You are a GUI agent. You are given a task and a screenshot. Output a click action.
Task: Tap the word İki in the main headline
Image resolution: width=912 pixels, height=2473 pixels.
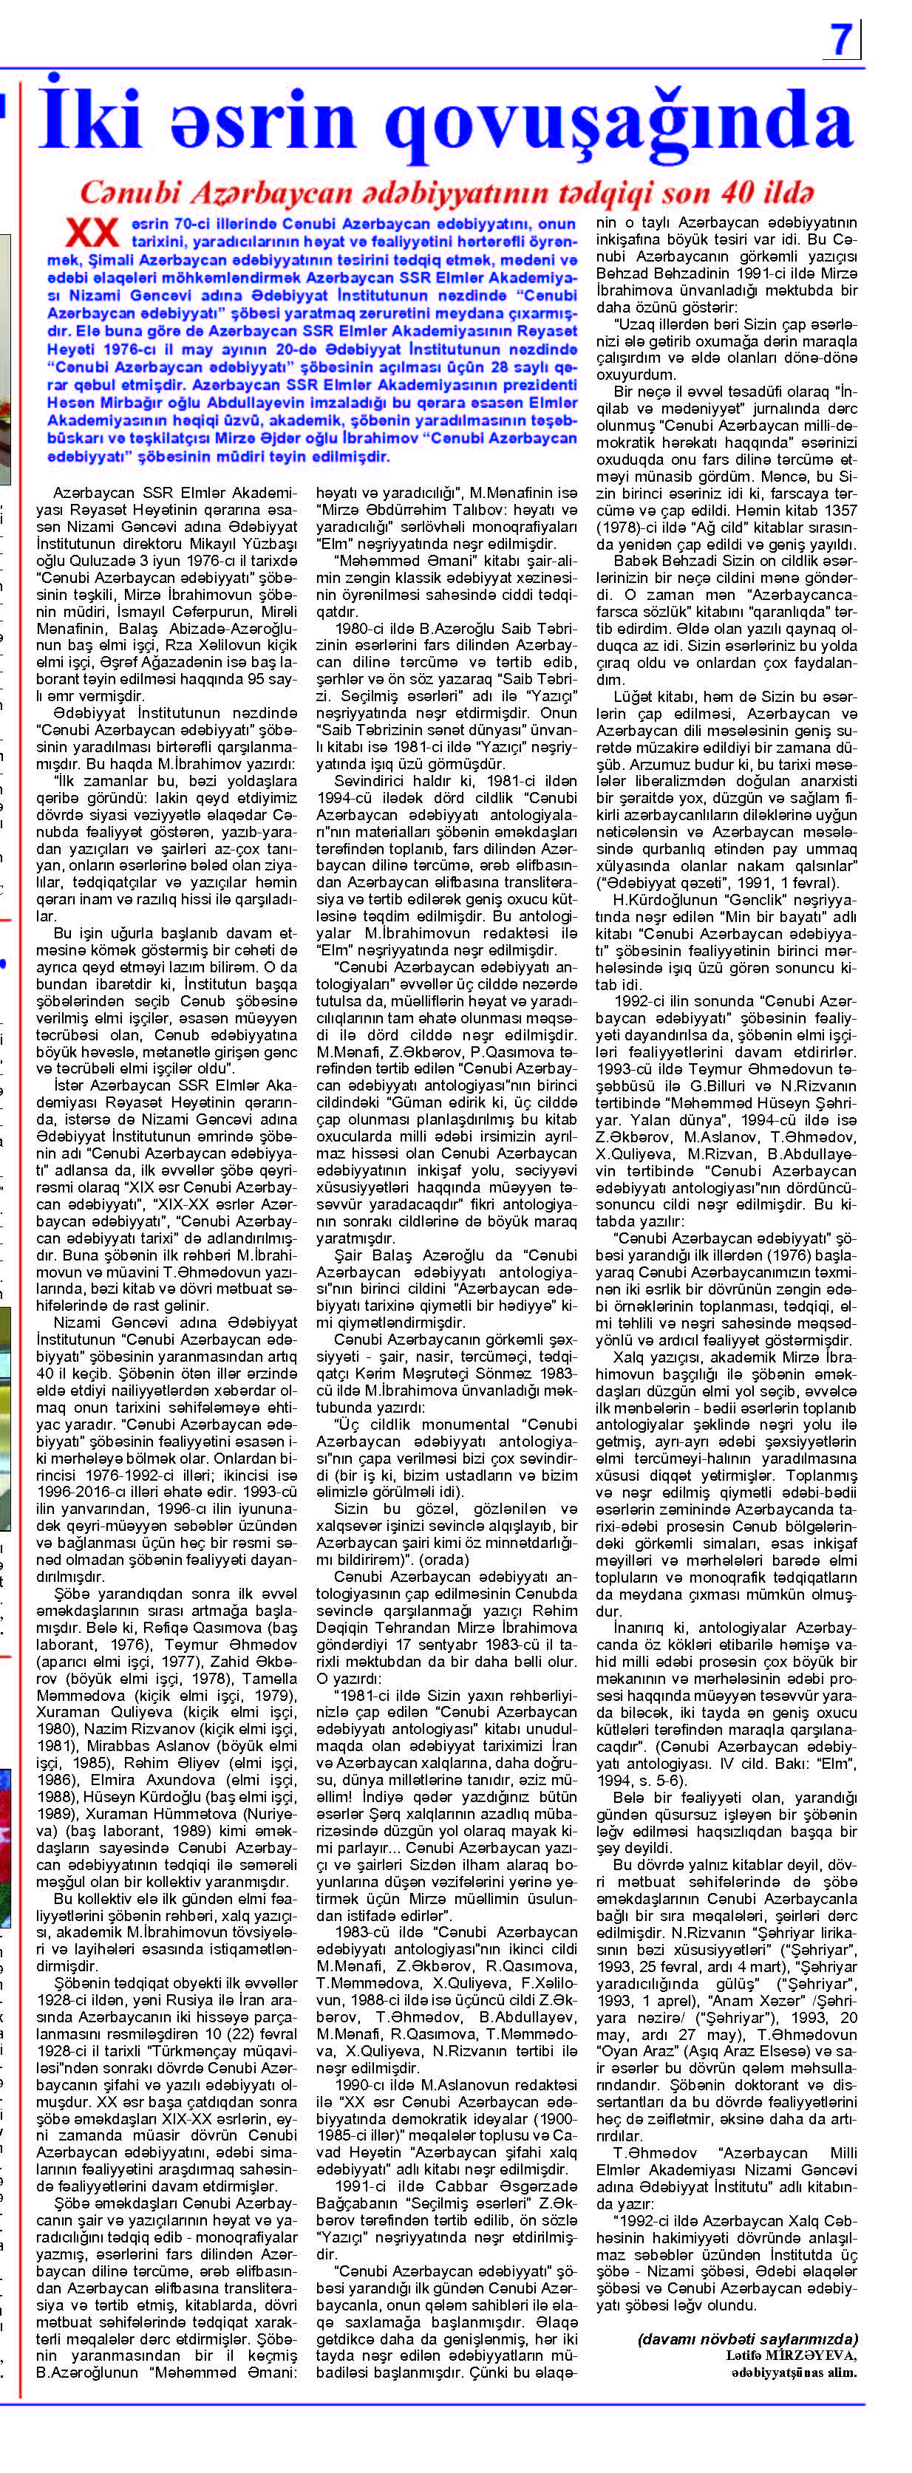pos(91,120)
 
